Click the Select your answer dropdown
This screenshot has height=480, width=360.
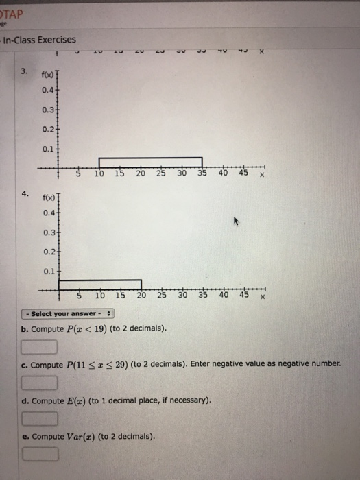click(68, 314)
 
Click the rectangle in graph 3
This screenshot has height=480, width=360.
click(151, 162)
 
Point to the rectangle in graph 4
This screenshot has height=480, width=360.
click(100, 284)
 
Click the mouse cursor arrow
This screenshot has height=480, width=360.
click(239, 223)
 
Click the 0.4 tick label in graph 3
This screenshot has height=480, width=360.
click(47, 90)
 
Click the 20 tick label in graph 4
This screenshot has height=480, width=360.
click(141, 296)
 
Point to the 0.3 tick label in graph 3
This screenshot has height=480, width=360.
click(47, 109)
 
